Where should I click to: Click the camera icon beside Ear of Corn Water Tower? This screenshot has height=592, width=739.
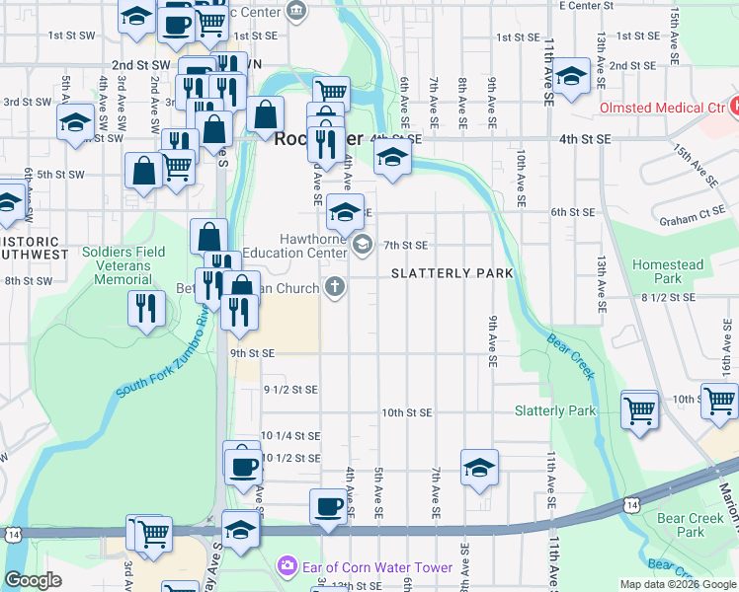coord(287,566)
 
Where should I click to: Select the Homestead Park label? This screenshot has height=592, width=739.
coord(669,271)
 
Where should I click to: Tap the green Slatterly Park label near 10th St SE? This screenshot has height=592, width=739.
coord(555,410)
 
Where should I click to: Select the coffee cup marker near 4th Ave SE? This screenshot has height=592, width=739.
coord(328,507)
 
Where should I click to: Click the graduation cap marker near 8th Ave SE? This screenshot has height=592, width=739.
coord(478,467)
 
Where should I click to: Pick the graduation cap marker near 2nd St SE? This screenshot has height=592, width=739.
coord(570,75)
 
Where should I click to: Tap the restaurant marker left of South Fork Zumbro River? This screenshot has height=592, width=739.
coord(145,308)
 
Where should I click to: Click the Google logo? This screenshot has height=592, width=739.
coord(33,580)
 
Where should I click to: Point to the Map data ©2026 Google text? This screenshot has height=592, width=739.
coord(677,584)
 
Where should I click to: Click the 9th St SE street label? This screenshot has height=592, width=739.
coord(252,352)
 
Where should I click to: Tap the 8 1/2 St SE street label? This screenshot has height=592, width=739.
coord(664,296)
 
